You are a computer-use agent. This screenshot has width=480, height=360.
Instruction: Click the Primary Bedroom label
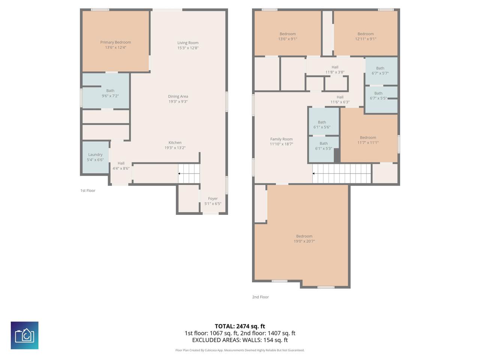point(115,42)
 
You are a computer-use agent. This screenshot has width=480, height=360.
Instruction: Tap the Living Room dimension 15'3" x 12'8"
point(188,48)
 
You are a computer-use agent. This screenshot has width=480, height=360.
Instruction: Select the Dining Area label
point(178,96)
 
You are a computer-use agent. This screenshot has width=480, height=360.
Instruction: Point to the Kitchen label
point(175,142)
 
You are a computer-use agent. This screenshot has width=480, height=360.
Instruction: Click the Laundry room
point(96,157)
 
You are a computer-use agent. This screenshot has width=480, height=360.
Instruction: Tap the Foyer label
point(213,198)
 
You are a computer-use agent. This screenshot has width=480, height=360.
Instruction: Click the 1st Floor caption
point(88,190)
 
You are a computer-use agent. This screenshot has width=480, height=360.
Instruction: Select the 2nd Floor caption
point(260,297)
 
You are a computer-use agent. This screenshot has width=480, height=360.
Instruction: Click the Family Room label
point(281,139)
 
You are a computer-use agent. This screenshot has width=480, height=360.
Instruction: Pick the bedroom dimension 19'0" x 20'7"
point(304,241)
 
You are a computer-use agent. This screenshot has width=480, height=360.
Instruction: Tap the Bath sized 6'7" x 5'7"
point(381,71)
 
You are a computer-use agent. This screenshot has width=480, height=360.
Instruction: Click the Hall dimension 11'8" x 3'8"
point(335,72)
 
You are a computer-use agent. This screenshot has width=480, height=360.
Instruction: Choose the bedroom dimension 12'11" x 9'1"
point(365,39)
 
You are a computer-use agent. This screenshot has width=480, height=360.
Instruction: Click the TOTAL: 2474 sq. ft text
point(240,326)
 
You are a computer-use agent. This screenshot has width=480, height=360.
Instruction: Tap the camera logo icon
point(25,335)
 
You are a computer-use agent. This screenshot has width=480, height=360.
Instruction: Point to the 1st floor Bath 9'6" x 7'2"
point(106,91)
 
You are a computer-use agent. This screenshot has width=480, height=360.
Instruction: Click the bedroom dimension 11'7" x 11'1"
point(368,142)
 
